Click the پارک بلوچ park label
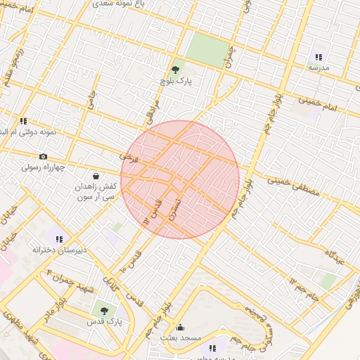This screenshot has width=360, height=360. pyautogui.click(x=175, y=82)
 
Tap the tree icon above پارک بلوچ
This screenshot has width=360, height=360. pyautogui.click(x=175, y=70)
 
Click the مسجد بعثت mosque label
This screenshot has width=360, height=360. pyautogui.click(x=181, y=338)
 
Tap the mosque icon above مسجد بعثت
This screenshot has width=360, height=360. pyautogui.click(x=181, y=327)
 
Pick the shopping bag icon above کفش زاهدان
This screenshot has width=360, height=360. pyautogui.click(x=96, y=176)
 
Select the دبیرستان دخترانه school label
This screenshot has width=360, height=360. pyautogui.click(x=59, y=250)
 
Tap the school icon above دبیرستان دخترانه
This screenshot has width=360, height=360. pyautogui.click(x=59, y=239)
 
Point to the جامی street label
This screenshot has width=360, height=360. pyautogui.click(x=91, y=100)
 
